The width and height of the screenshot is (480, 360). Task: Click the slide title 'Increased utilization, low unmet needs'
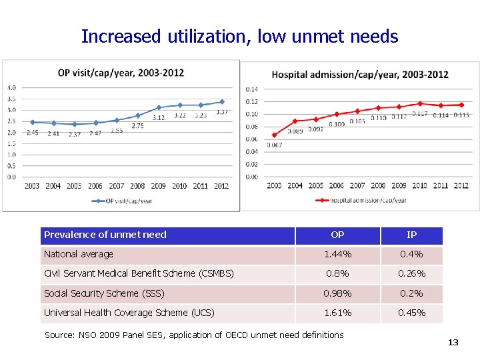click(x=239, y=36)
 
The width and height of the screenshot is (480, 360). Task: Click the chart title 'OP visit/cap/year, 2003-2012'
click(x=121, y=72)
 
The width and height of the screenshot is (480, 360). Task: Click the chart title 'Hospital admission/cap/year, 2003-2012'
click(x=360, y=74)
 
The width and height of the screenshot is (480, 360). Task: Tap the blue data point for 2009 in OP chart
click(x=159, y=107)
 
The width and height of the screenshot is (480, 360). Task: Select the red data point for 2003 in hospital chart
click(x=274, y=135)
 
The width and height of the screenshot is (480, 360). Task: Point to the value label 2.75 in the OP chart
click(x=137, y=125)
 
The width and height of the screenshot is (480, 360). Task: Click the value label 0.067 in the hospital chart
click(x=274, y=145)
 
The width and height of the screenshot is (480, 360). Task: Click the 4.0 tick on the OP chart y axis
click(x=12, y=87)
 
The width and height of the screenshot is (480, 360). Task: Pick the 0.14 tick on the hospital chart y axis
click(x=251, y=89)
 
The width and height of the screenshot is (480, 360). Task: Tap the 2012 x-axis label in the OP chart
click(x=221, y=186)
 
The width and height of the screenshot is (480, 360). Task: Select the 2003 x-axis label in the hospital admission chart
click(x=274, y=185)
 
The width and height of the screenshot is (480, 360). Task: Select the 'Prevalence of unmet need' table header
click(x=105, y=235)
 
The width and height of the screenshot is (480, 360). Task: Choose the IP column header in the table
click(x=412, y=235)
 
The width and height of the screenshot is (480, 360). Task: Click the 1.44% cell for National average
click(x=337, y=254)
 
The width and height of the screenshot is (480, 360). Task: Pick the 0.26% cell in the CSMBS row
click(x=412, y=273)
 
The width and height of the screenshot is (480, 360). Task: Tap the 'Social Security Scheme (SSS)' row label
click(x=104, y=293)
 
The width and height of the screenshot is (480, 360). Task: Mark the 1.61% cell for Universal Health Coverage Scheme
click(x=337, y=313)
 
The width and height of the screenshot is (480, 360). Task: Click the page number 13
click(x=453, y=342)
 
